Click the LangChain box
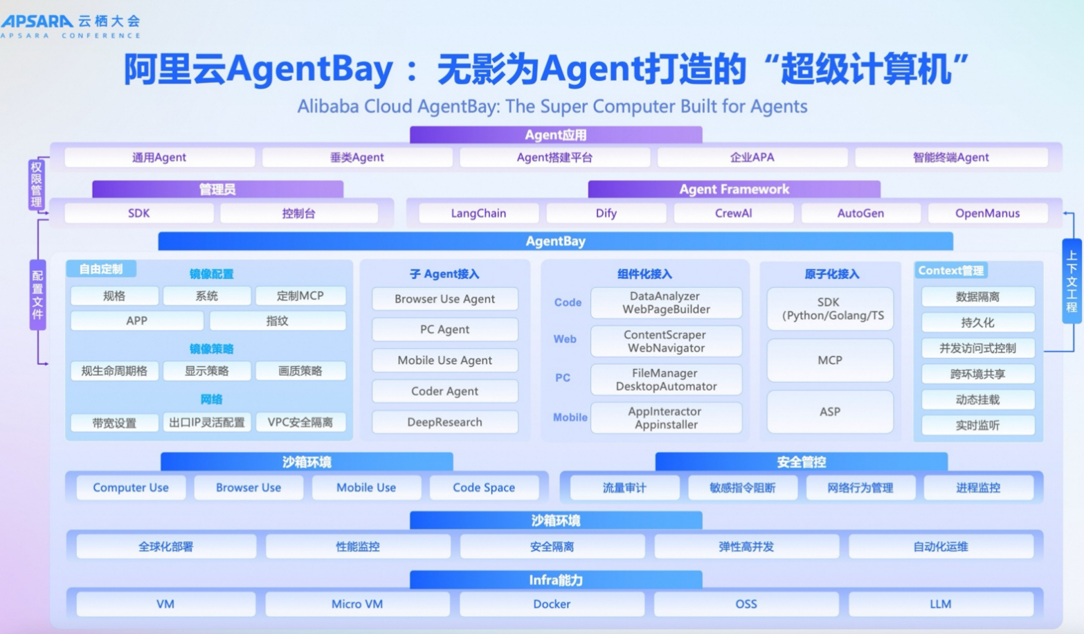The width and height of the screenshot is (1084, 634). coord(478,213)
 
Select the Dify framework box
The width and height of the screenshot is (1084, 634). coord(606,213)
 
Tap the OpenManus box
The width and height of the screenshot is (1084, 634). coord(987,213)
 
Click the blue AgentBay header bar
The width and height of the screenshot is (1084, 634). coord(555,241)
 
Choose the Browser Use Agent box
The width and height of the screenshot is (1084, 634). coord(444,299)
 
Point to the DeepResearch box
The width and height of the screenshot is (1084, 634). coord(444,422)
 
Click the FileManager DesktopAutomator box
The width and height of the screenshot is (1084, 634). coord(666,379)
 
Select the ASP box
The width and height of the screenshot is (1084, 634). coord(829,412)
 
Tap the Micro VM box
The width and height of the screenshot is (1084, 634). coord(356,604)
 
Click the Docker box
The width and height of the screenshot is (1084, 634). coord(552,604)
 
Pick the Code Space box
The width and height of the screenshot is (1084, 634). coord(483,488)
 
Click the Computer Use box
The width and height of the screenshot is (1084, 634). coord(131,488)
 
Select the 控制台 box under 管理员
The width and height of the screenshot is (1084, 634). coord(298,213)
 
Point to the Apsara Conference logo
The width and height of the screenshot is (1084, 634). coord(71,26)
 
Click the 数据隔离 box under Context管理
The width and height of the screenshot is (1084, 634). coord(977,297)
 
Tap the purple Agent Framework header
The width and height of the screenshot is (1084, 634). coord(734,189)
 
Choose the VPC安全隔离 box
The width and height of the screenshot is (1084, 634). coord(300,422)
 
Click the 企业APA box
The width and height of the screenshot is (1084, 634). coord(752,157)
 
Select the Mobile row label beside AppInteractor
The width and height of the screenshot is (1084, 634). coord(570,417)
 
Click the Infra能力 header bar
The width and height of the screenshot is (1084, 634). coord(555,580)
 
